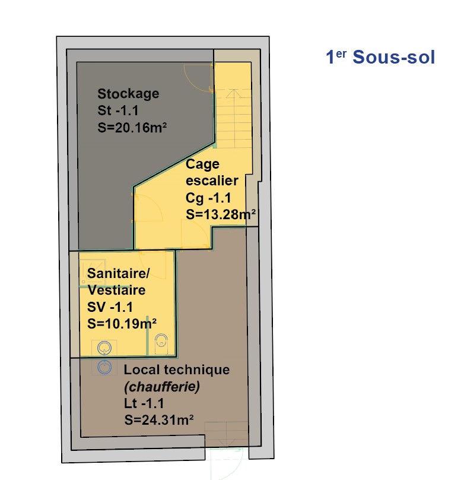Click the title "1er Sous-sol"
[x=380, y=58]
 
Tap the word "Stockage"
[x=128, y=94]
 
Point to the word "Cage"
[x=203, y=164]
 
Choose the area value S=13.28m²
[x=221, y=214]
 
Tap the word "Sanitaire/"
[x=119, y=273]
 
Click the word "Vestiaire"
[x=116, y=290]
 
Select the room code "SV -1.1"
[x=110, y=307]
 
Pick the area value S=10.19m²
[x=122, y=324]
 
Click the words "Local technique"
[x=176, y=370]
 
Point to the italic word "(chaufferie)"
[x=162, y=386]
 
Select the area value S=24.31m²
[x=160, y=420]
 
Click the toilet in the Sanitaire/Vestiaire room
[x=161, y=343]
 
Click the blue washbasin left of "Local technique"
[x=105, y=367]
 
